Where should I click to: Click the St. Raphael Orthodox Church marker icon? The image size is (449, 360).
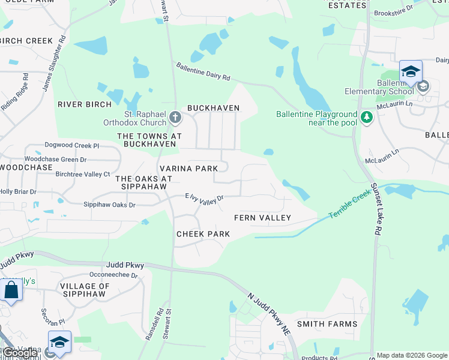175,117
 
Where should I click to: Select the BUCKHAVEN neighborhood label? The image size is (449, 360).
213,108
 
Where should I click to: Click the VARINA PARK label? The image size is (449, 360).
188,169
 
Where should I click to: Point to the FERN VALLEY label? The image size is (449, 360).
262,218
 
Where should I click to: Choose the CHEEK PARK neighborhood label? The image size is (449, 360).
203,234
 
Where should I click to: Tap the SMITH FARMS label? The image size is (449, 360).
327,324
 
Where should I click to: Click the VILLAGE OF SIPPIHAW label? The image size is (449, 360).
85,290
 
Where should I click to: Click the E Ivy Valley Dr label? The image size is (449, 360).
204,198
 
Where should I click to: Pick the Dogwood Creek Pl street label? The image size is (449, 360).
71,146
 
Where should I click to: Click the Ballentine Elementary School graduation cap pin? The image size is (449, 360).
411,72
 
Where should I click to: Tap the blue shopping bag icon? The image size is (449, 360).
11,290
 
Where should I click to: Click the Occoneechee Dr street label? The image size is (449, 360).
113,275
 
